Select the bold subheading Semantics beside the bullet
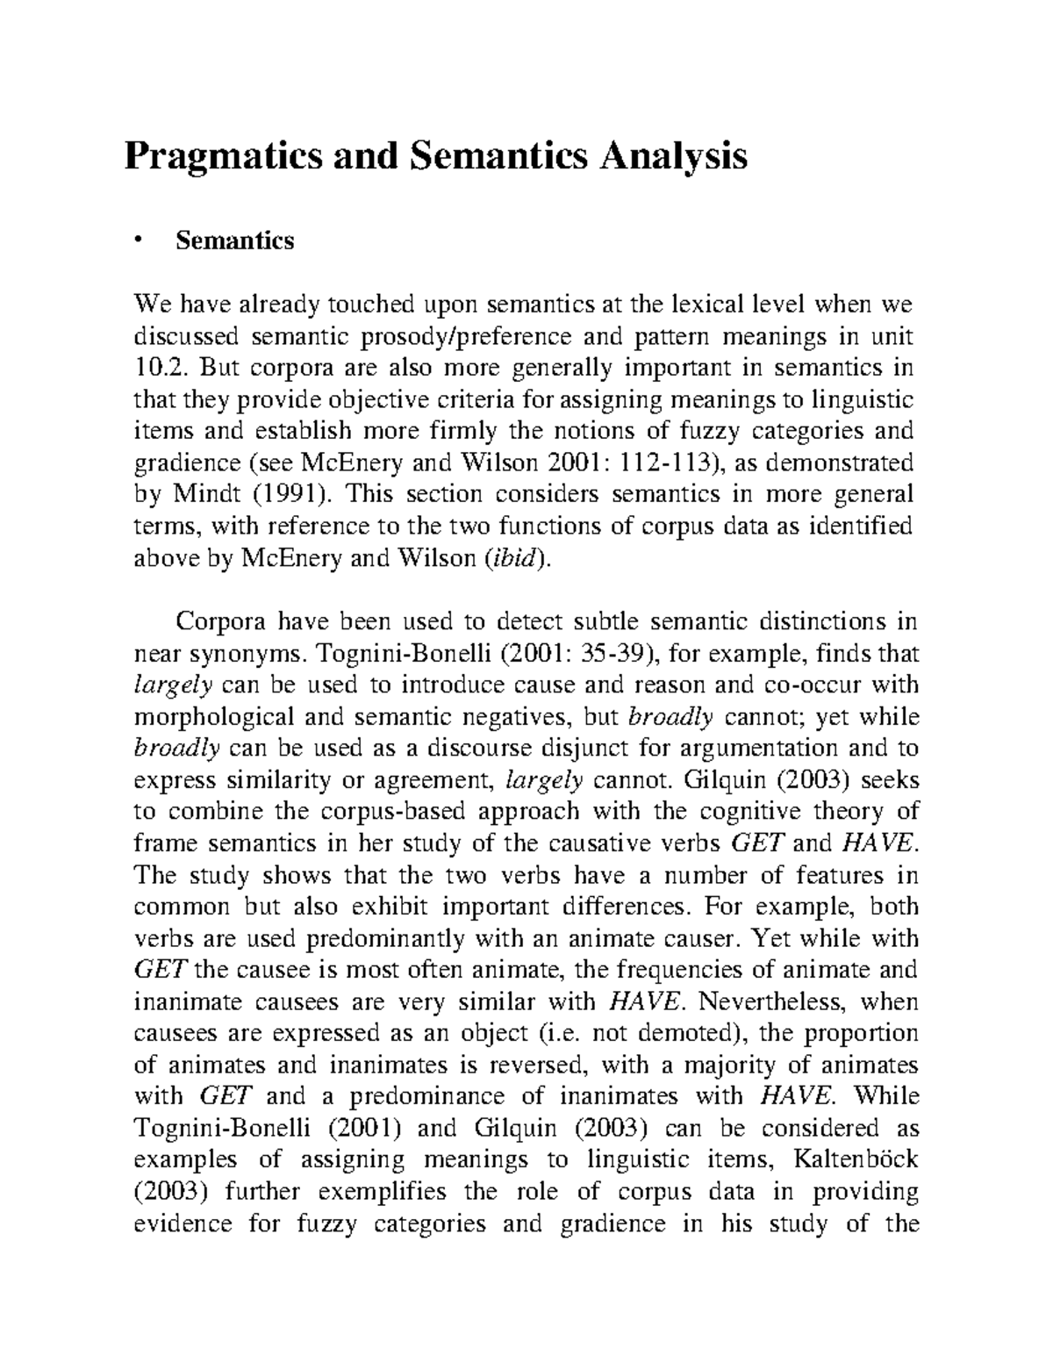click(x=235, y=240)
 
